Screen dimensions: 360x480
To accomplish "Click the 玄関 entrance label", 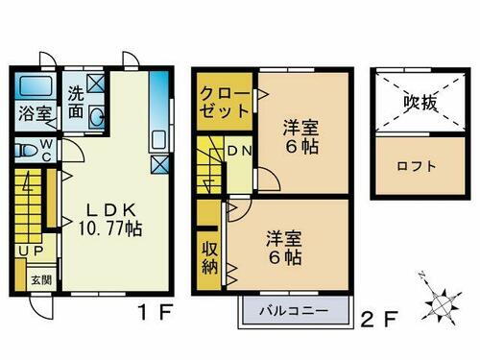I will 35,279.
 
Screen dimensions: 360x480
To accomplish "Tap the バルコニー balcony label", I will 291,310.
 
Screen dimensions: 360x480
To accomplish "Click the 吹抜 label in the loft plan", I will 420,104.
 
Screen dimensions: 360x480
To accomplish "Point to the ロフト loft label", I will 417,165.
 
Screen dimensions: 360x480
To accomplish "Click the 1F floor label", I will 147,313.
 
